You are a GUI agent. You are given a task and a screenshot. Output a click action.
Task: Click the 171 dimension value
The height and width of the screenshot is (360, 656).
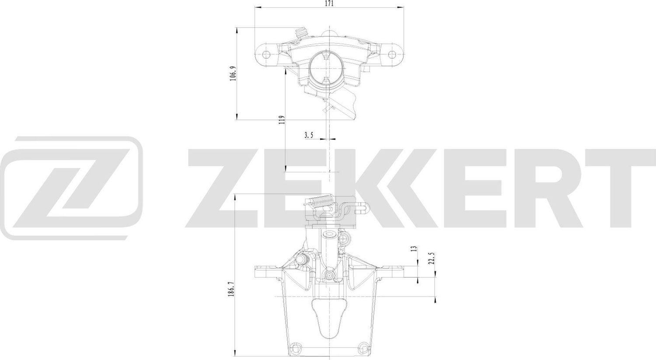(329, 3)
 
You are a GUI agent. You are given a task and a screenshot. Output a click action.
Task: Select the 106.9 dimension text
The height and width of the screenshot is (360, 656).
(233, 73)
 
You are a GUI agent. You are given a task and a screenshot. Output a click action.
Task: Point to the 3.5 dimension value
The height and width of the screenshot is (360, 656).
(309, 135)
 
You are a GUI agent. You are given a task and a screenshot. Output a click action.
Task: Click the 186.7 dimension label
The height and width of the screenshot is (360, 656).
(232, 289)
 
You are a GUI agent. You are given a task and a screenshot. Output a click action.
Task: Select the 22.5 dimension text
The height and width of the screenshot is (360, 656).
(431, 258)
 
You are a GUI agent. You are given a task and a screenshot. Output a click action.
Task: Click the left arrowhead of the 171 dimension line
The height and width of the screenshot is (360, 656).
(257, 8)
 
